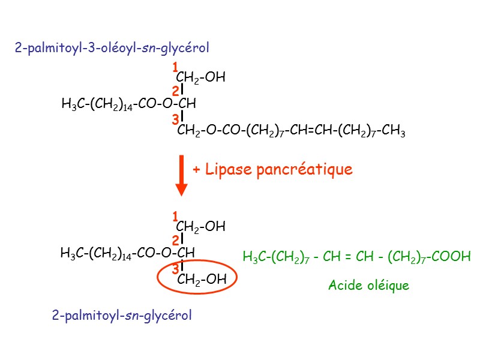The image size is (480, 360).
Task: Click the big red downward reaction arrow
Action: (x=181, y=175)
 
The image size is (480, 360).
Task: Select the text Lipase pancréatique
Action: (x=279, y=170)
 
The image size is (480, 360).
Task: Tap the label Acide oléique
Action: (x=368, y=286)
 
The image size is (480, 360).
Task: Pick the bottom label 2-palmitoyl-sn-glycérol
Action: (x=122, y=315)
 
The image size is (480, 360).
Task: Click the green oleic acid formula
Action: (x=356, y=257)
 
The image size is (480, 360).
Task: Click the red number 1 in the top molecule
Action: (x=175, y=67)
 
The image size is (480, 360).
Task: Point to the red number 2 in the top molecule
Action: (x=175, y=92)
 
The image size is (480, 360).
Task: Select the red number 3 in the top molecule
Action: (x=175, y=120)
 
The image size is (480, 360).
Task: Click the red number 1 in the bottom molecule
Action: (x=175, y=215)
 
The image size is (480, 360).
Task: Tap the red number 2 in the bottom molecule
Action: (x=175, y=241)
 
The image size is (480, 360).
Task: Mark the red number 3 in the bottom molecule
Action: (x=175, y=268)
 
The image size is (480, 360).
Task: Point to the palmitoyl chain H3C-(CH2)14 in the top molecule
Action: (x=96, y=105)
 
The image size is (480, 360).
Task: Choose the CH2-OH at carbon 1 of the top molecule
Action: (x=200, y=78)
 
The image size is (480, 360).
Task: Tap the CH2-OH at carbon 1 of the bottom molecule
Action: (x=200, y=227)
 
